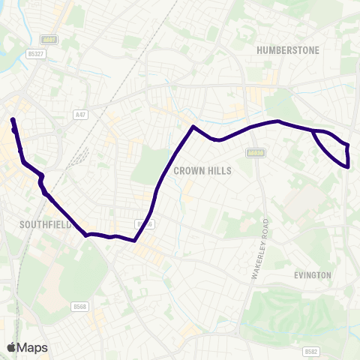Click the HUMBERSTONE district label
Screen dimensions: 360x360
pos(288,49)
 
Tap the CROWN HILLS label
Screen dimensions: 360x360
pos(202,171)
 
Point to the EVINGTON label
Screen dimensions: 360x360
pos(313,275)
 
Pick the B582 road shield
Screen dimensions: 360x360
pos(312,351)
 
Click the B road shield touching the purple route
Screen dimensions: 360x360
pos(144,224)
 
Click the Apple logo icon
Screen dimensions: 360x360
pos(11,347)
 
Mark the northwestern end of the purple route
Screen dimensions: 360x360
pos(12,119)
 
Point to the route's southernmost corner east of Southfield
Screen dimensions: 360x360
pos(134,241)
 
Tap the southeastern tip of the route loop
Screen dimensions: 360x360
pos(348,166)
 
